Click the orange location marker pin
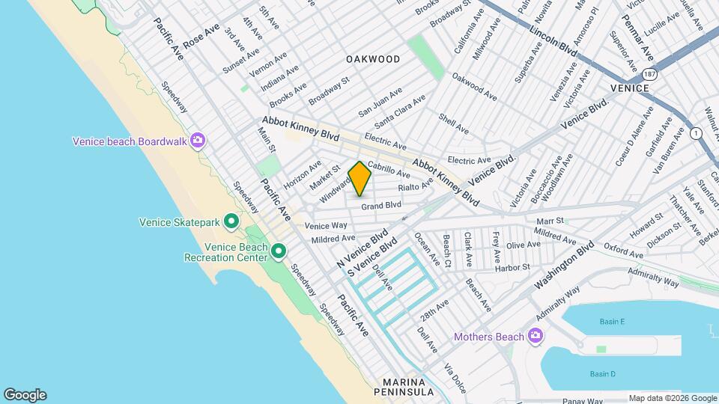pyautogui.click(x=359, y=179)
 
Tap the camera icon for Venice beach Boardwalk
pyautogui.click(x=198, y=141)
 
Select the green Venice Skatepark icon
pyautogui.click(x=231, y=221)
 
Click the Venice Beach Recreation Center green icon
pyautogui.click(x=279, y=251)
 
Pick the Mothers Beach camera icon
pyautogui.click(x=535, y=336)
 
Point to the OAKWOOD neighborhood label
pyautogui.click(x=372, y=58)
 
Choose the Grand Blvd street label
pyautogui.click(x=381, y=205)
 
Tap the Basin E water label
pyautogui.click(x=612, y=322)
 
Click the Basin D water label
pyautogui.click(x=602, y=374)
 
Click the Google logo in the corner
pyautogui.click(x=25, y=395)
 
